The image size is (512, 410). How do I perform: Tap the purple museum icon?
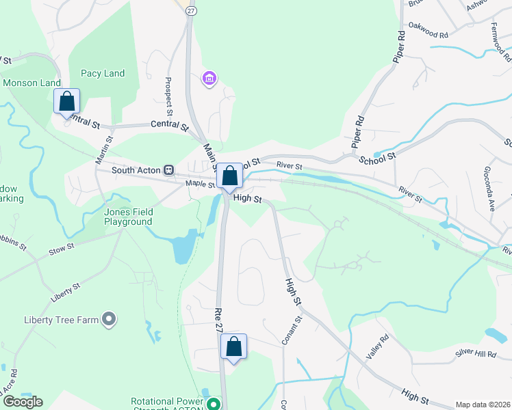click(x=209, y=81)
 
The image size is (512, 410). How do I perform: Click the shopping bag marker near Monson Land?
click(x=67, y=101)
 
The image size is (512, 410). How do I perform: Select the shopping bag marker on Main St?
click(x=229, y=176)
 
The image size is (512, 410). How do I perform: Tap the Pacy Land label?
click(x=103, y=73)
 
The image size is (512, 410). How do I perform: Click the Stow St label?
click(x=61, y=250)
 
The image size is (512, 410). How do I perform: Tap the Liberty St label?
click(x=66, y=293)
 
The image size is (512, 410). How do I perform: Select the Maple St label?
click(x=200, y=184)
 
